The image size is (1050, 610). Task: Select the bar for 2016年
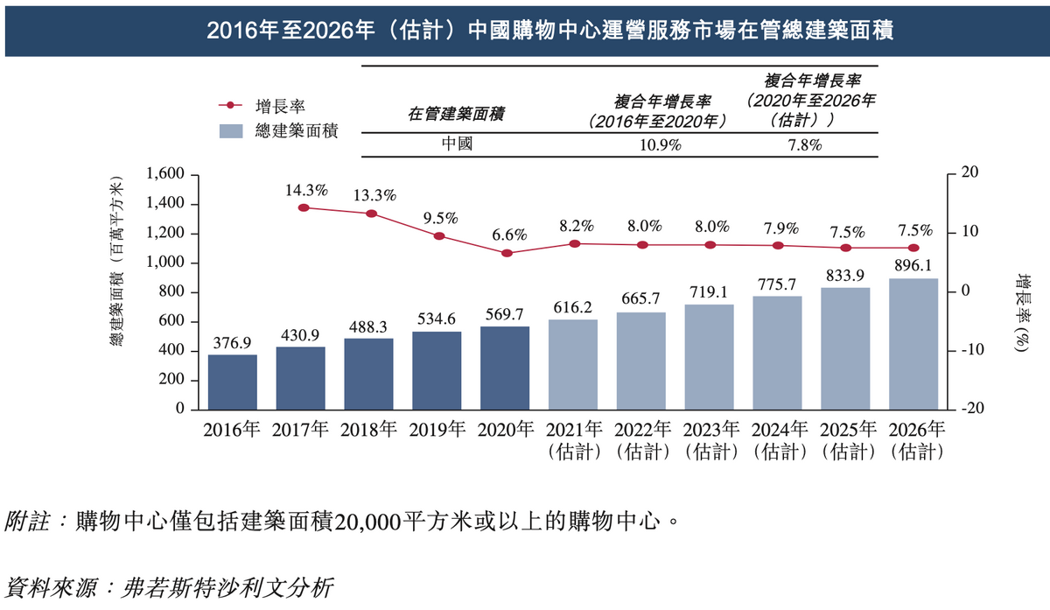click(x=232, y=382)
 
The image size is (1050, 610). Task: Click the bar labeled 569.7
click(x=505, y=368)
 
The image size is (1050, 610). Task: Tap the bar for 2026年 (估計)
click(x=913, y=344)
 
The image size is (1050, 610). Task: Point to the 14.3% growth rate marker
click(x=304, y=207)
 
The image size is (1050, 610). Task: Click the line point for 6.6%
click(x=506, y=253)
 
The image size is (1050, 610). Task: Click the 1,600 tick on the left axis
click(x=164, y=174)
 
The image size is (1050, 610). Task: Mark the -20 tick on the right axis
click(x=971, y=409)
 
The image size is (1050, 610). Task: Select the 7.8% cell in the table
click(x=804, y=145)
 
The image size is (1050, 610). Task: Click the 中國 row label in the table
click(x=458, y=145)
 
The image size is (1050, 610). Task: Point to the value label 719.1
click(x=710, y=291)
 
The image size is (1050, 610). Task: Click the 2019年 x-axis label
click(x=437, y=430)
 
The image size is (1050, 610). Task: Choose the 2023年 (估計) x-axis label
click(x=710, y=441)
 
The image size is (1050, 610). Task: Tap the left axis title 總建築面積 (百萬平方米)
click(x=115, y=263)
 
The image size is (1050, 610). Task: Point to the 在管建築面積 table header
click(x=457, y=114)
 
